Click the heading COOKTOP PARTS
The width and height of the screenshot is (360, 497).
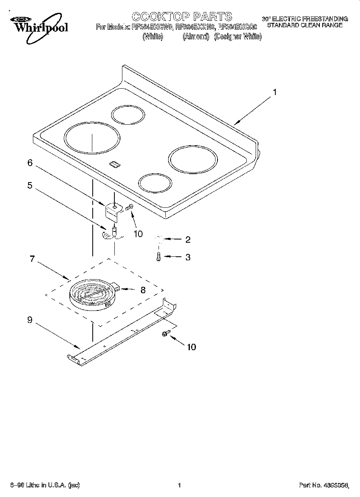coord(182,16)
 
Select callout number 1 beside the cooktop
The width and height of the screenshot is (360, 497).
coord(275,92)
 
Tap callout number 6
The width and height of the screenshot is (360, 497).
coord(30,162)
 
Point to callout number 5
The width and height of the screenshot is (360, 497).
coord(30,185)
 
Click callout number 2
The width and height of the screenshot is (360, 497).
coord(187,240)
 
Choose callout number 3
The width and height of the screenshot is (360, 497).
coord(187,257)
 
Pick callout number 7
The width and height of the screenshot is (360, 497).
coord(33,259)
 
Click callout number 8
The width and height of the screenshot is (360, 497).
coord(143,289)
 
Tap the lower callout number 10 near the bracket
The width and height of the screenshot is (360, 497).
coord(191,347)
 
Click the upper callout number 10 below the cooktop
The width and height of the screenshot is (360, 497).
coord(138,234)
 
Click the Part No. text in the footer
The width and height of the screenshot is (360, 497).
coord(323,486)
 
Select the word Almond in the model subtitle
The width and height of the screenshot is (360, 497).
coord(196,37)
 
